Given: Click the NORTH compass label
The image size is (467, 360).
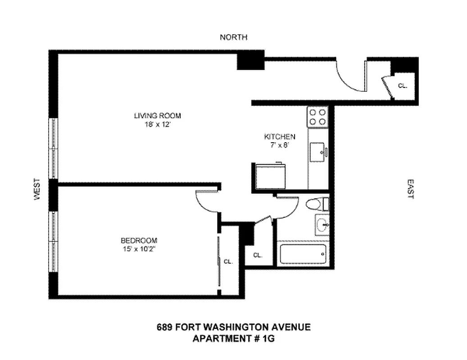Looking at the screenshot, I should click(x=233, y=37).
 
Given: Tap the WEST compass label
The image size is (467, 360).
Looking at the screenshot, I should click(x=37, y=189).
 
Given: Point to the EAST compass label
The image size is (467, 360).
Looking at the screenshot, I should click(x=410, y=189).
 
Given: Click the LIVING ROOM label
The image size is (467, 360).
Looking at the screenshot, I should click(x=157, y=116).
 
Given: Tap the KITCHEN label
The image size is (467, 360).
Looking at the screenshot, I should click(x=279, y=137).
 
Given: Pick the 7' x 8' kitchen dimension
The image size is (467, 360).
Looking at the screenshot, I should click(x=279, y=145).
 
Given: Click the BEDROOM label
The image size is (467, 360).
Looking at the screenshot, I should click(x=139, y=240).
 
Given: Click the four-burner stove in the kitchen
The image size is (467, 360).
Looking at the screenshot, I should click(x=317, y=117).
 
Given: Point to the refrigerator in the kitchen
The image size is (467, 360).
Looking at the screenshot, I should click(x=269, y=176).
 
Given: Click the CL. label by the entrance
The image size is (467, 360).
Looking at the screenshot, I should click(x=402, y=85).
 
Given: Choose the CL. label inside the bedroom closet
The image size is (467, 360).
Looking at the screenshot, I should click(x=228, y=261).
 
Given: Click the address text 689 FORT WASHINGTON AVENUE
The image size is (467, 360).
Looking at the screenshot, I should click(x=233, y=327).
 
